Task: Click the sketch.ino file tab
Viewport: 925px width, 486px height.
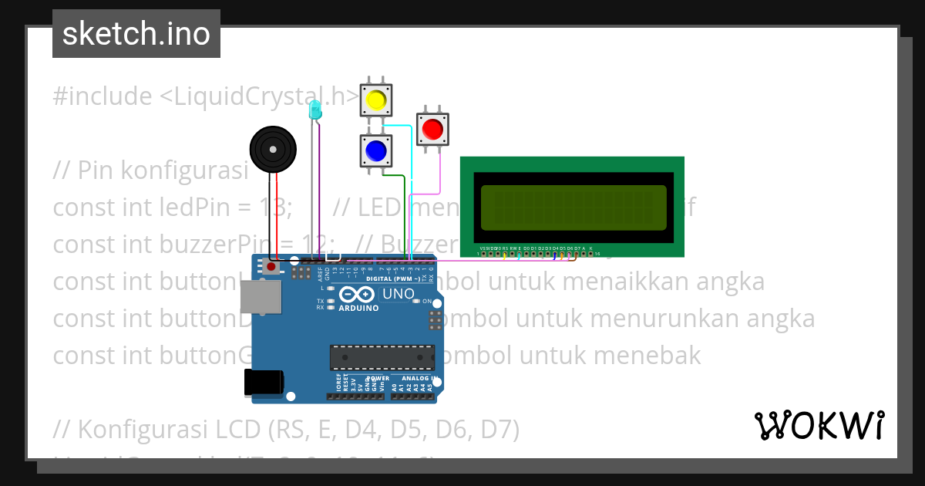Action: point(136,34)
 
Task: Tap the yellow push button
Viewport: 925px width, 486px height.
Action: point(375,100)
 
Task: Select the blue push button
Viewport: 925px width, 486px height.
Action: point(375,150)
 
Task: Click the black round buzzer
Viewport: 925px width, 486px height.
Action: point(273,149)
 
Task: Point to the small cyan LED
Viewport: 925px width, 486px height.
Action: point(314,111)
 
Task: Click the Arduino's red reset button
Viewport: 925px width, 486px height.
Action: point(271,267)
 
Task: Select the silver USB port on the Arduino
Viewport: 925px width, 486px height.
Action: point(261,297)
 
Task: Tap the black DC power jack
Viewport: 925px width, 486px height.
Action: point(263,383)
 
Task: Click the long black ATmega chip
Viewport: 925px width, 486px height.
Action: point(382,357)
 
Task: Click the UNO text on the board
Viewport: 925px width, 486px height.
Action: point(399,294)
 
